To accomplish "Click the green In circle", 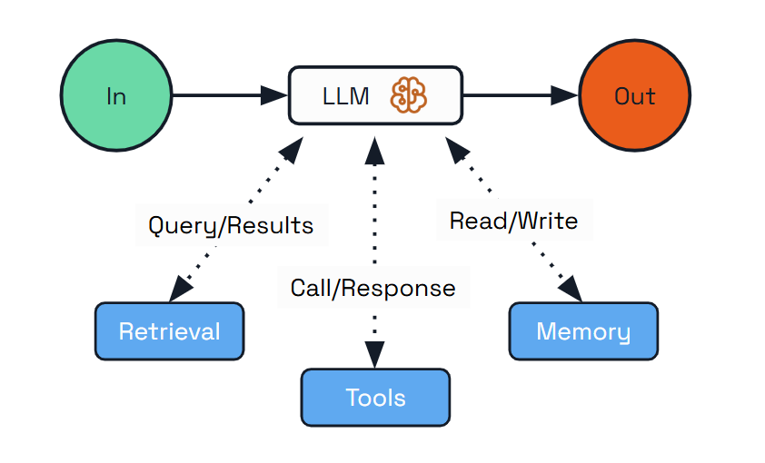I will point(115,95).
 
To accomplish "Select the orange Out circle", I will point(634,95).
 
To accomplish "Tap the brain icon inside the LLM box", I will point(408,94).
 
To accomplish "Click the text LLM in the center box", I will point(345,95).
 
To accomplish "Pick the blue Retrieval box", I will point(169,331).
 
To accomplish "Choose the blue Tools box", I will point(375,398).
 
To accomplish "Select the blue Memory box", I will point(582,331).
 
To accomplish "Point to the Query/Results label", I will point(231,226).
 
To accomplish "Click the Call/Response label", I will point(373,288).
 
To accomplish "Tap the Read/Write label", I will point(513,221).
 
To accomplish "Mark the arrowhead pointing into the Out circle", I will point(565,94).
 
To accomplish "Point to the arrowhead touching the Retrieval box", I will point(182,289).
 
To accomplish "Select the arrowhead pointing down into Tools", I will point(374,354).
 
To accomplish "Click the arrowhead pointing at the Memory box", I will point(570,289).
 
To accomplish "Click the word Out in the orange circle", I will point(634,95).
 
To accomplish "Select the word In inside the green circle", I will point(115,95).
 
